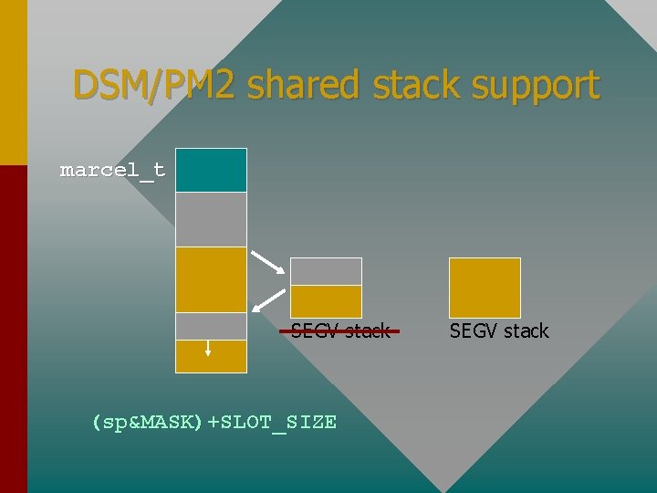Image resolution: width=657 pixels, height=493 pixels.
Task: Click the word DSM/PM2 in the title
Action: pyautogui.click(x=154, y=85)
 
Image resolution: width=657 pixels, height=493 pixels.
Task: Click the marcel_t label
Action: pyautogui.click(x=112, y=170)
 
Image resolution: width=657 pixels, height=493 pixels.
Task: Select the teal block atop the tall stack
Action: pyautogui.click(x=211, y=170)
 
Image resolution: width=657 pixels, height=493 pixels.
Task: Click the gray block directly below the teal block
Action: pyautogui.click(x=211, y=219)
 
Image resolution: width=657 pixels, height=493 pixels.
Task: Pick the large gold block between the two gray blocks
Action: pyautogui.click(x=211, y=279)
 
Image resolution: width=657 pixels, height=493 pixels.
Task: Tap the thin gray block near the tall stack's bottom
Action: pyautogui.click(x=211, y=326)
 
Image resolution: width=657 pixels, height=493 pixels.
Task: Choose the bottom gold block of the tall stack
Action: pyautogui.click(x=211, y=356)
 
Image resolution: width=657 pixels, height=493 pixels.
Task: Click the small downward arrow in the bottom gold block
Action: pyautogui.click(x=208, y=348)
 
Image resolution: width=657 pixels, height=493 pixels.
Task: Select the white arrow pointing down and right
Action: pyautogui.click(x=266, y=262)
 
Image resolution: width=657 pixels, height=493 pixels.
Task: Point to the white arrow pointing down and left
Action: pyautogui.click(x=267, y=300)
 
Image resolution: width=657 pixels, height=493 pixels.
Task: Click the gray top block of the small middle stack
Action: pyautogui.click(x=326, y=271)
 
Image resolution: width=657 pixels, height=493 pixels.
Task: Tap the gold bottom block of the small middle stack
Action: pyautogui.click(x=326, y=301)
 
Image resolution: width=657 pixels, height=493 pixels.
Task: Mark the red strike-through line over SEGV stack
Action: pyautogui.click(x=339, y=330)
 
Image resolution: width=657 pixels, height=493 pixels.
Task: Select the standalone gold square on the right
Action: pyautogui.click(x=485, y=288)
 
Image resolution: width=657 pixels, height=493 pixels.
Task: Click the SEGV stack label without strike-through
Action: pyautogui.click(x=499, y=330)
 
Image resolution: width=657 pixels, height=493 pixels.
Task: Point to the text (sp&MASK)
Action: pyautogui.click(x=146, y=422)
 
